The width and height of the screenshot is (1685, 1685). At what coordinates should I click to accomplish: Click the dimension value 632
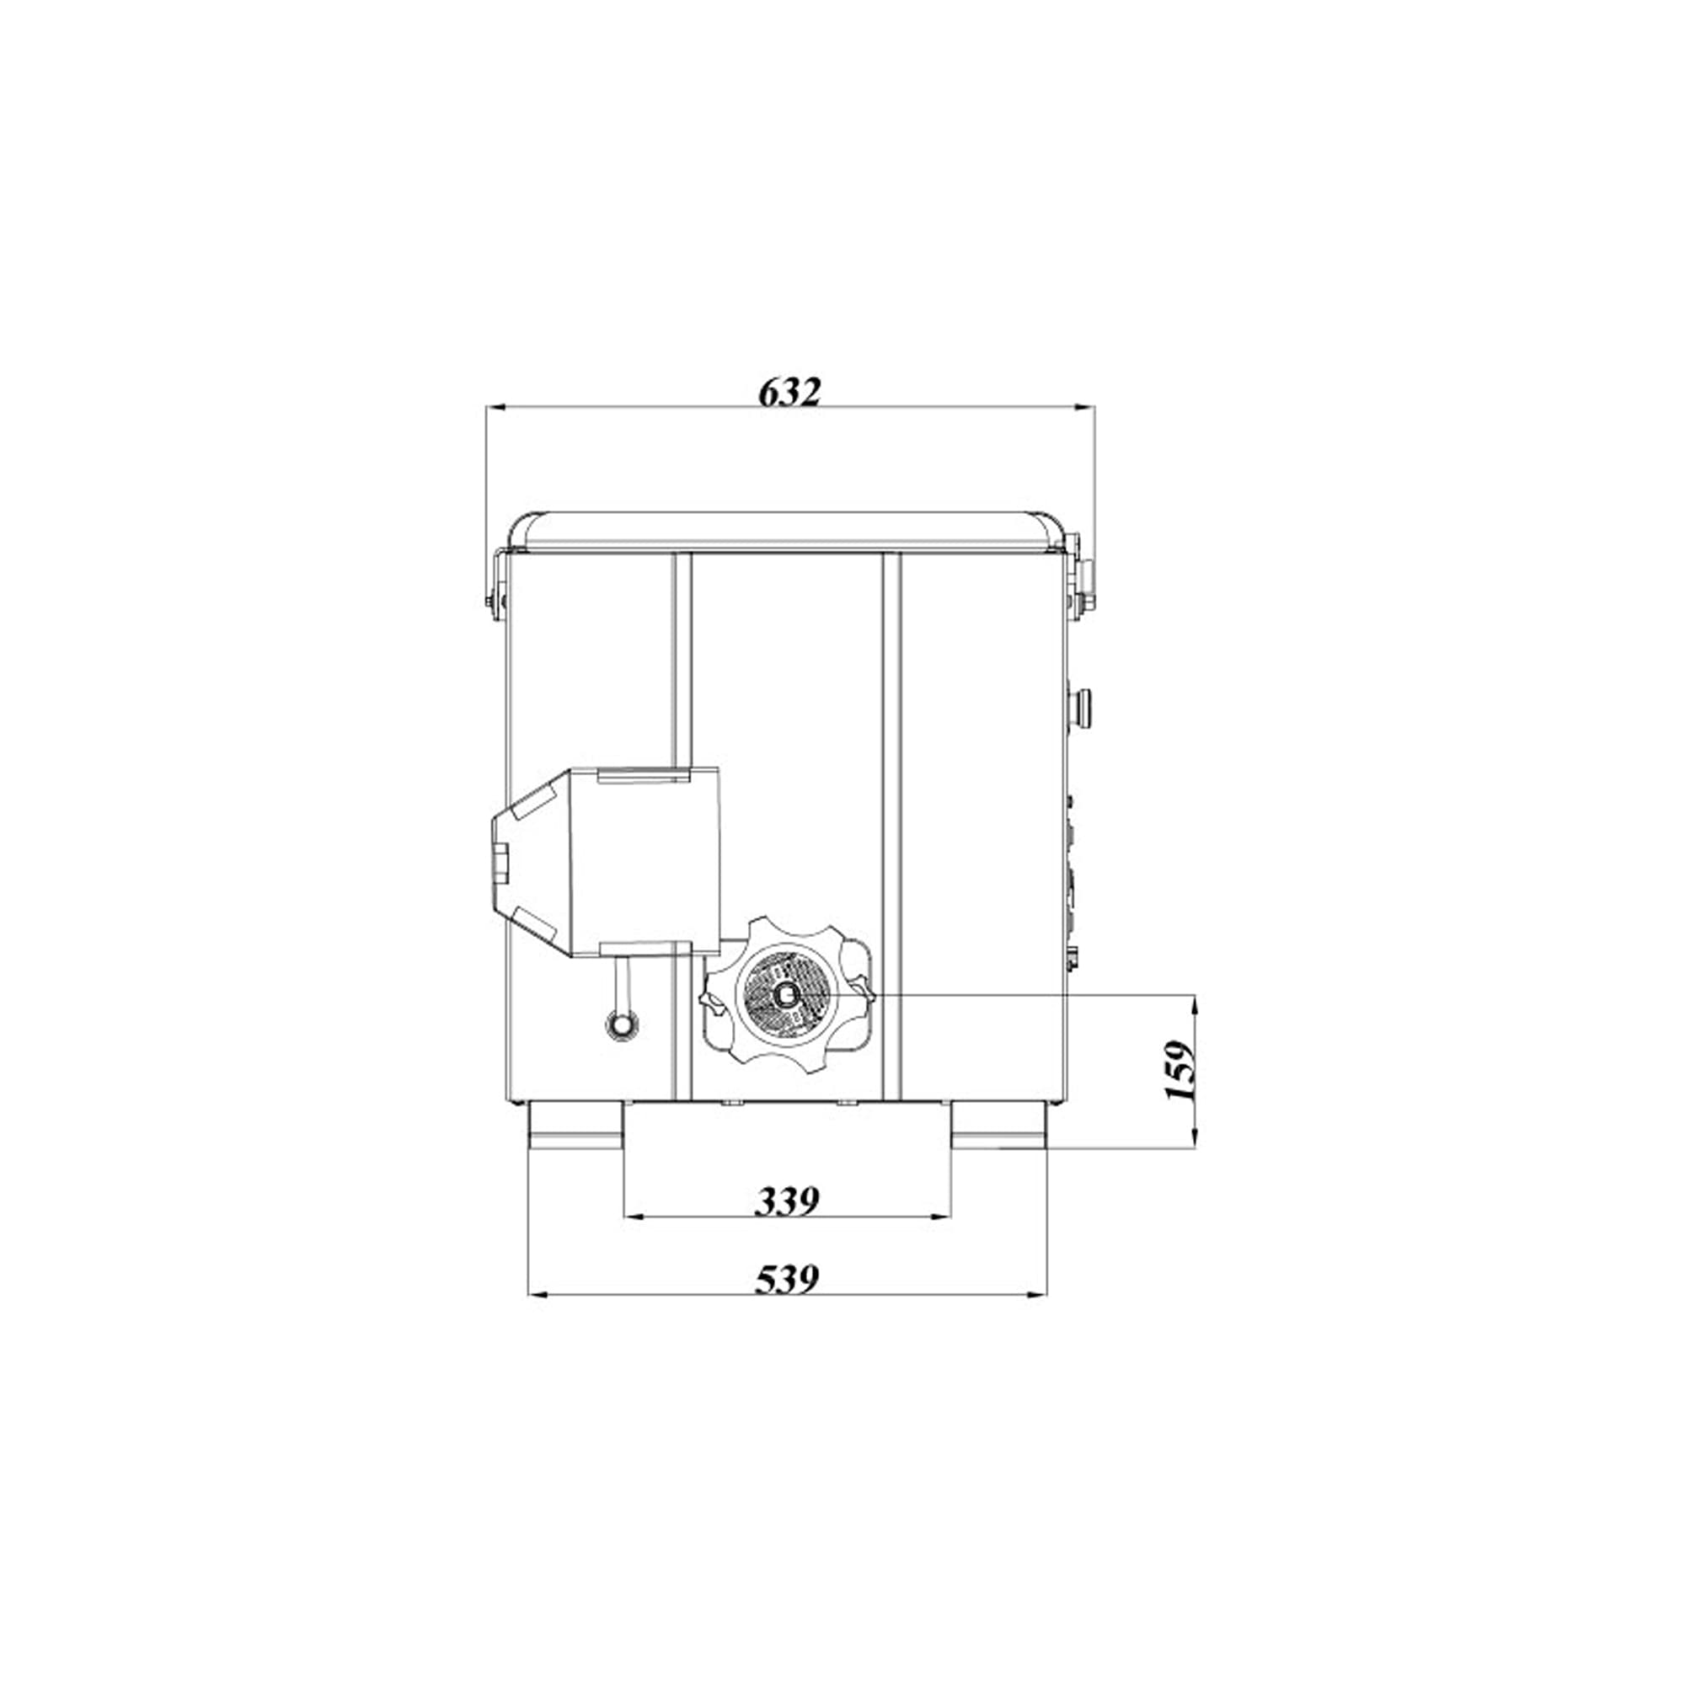pyautogui.click(x=789, y=393)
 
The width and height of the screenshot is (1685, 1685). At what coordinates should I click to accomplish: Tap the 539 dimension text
pyautogui.click(x=787, y=1280)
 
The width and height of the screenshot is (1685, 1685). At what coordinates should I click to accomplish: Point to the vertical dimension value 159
pyautogui.click(x=1179, y=1071)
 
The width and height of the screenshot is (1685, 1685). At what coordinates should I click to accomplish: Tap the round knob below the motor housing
pyautogui.click(x=622, y=1025)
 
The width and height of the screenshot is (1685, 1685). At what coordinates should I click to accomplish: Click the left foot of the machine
pyautogui.click(x=575, y=1125)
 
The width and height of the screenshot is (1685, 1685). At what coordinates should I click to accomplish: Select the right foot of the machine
pyautogui.click(x=998, y=1125)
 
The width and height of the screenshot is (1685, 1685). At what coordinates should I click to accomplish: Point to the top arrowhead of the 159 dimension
pyautogui.click(x=1194, y=1002)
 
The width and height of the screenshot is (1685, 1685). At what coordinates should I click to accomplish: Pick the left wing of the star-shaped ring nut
pyautogui.click(x=713, y=1003)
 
